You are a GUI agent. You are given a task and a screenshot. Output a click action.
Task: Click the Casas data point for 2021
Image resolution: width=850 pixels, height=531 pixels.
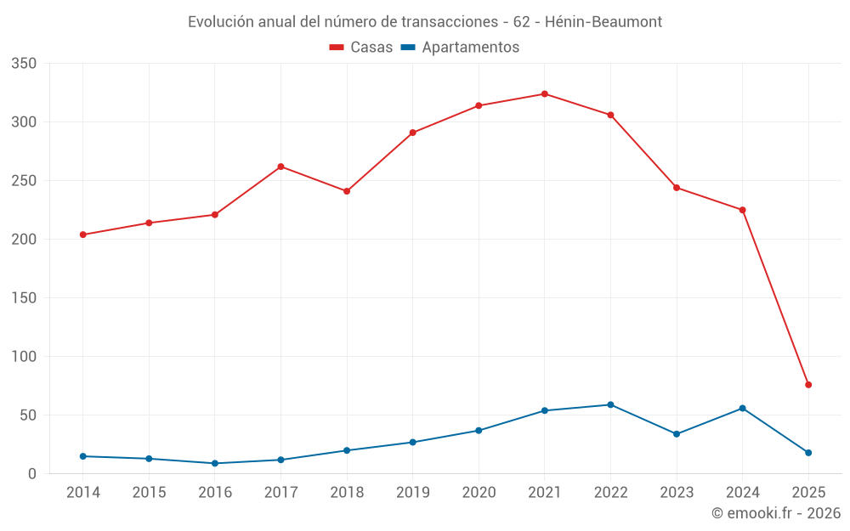coord(545,94)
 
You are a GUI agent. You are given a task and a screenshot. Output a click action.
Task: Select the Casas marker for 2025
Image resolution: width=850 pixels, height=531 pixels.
coord(808,385)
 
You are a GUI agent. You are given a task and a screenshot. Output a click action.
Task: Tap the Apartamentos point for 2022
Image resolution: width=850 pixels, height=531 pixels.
coord(610,404)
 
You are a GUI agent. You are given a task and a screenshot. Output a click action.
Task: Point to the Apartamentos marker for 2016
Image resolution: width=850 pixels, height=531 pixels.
coord(215,463)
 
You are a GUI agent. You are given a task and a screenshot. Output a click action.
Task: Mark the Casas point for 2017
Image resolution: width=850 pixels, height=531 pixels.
coord(280,167)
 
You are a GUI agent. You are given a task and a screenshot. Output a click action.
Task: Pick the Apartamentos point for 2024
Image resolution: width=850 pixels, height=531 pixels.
coord(742,408)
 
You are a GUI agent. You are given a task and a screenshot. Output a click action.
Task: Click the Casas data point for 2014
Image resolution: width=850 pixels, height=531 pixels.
coord(82,234)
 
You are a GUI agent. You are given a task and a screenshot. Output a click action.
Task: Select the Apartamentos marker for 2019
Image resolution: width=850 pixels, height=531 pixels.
coord(412,442)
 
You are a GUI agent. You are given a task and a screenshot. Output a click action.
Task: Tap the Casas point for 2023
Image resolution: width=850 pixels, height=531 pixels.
coord(677,188)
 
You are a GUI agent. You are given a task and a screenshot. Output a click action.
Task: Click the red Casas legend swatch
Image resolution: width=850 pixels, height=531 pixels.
coord(337,48)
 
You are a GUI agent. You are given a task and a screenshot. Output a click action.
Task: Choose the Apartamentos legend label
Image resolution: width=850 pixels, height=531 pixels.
coord(470,48)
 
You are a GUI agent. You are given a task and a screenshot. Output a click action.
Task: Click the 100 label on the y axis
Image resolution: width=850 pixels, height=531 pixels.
coord(25,357)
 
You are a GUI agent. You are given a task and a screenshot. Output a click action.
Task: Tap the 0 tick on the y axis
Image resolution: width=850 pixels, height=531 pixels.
coord(32,474)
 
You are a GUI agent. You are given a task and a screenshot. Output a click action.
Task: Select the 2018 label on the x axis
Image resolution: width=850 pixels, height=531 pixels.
coord(347,492)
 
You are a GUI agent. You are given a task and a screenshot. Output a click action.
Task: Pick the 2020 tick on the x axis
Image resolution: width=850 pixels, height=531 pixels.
coord(479,492)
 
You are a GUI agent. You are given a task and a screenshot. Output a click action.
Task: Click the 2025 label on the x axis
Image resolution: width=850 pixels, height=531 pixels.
coord(808,492)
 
